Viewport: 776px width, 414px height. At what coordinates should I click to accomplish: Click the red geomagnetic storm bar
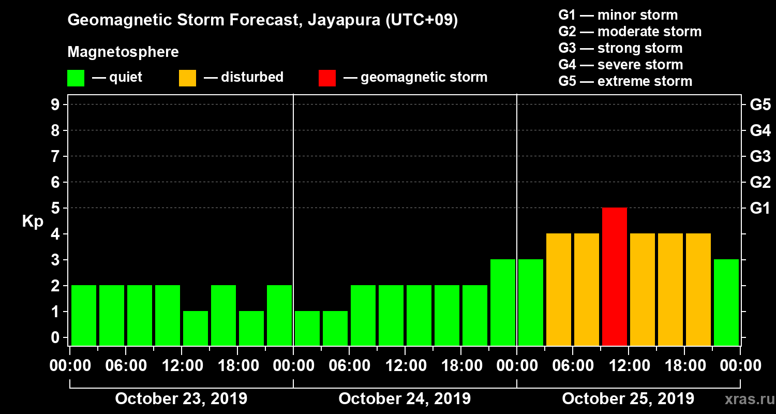coord(615,276)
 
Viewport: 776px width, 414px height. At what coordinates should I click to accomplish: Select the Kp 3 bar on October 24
coord(503,302)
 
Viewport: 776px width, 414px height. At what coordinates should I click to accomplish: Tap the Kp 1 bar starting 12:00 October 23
coord(196,328)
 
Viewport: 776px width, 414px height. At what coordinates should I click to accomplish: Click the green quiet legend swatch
coord(76,78)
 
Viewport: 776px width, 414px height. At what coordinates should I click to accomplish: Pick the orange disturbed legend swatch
coord(187,78)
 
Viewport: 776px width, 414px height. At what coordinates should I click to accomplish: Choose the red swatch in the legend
coord(327,78)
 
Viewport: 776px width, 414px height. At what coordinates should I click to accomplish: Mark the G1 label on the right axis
coord(760,209)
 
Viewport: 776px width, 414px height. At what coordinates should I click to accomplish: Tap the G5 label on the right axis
coord(760,105)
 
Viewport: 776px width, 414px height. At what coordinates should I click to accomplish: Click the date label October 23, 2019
coord(181,399)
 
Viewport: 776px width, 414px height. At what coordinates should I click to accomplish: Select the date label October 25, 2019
coord(628,399)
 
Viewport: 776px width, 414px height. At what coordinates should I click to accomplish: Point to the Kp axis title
coord(33,221)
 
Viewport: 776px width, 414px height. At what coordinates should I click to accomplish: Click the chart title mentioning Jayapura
coord(263,21)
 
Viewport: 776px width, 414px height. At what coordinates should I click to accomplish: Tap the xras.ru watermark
coord(745,400)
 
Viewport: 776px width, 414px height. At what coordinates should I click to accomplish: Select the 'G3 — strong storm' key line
coord(620,48)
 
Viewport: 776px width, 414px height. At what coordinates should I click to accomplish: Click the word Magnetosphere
coord(123,52)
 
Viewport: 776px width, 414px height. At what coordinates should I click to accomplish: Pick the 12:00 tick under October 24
coord(406,366)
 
